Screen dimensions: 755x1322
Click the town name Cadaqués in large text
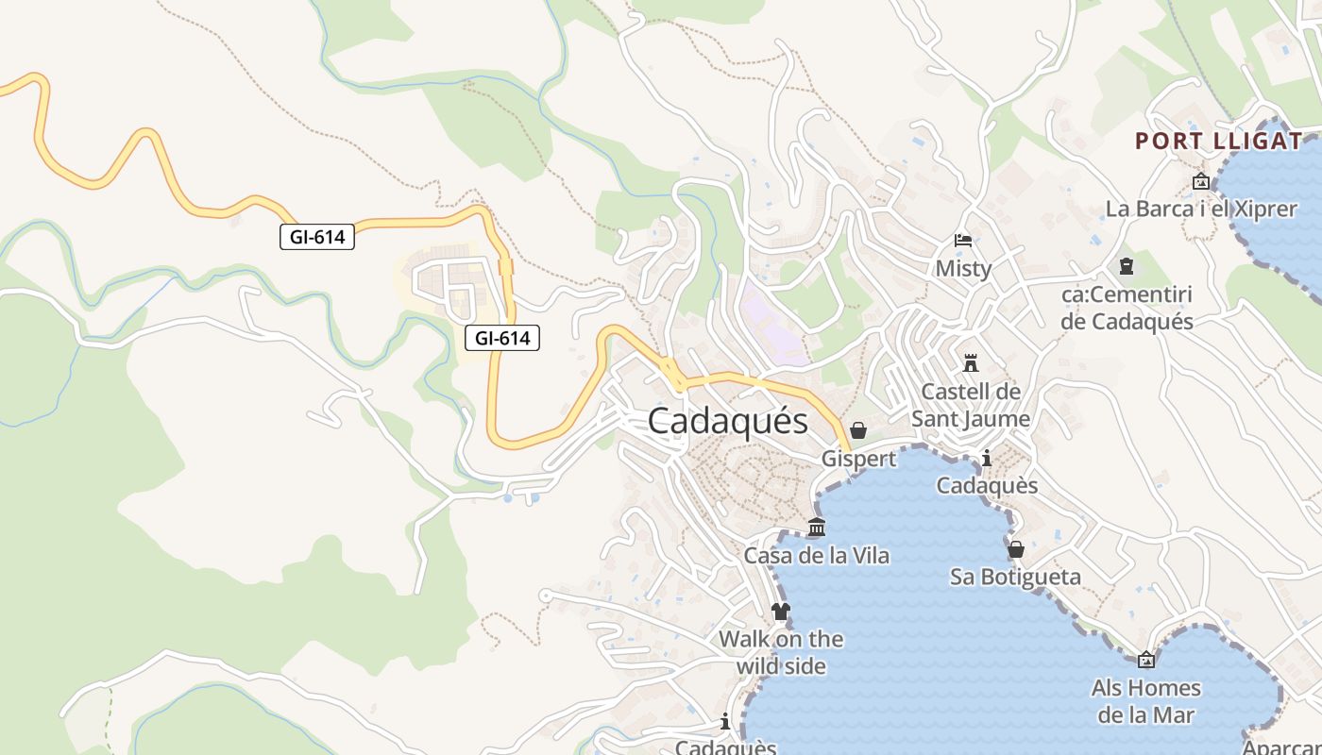(x=728, y=421)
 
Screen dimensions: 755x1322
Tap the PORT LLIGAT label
(x=1218, y=142)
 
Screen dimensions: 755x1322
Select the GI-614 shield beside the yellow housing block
(x=502, y=338)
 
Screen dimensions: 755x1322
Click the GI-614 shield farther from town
(x=317, y=237)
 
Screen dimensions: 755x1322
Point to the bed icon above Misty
(x=963, y=241)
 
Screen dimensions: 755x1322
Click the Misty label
(x=963, y=269)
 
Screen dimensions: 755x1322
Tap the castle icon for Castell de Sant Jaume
(x=971, y=362)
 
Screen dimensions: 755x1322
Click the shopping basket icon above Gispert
(x=858, y=430)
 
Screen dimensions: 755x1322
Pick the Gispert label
(x=858, y=459)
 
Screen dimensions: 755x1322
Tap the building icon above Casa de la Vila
(x=817, y=527)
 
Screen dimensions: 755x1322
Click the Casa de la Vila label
(x=817, y=556)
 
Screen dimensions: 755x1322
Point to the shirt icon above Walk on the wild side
(x=780, y=612)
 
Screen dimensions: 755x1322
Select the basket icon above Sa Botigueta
(x=1016, y=549)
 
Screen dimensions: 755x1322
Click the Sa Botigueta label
(x=1016, y=577)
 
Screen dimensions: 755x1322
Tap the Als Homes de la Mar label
(x=1146, y=701)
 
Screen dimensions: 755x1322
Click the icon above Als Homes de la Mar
(x=1146, y=660)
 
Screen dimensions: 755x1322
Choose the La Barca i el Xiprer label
(x=1201, y=209)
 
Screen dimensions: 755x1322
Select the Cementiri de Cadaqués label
(x=1127, y=308)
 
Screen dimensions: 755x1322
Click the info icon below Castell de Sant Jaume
(x=987, y=459)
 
